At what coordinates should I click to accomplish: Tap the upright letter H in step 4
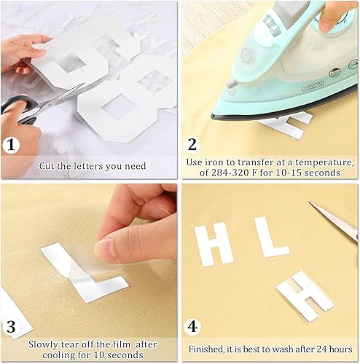214,244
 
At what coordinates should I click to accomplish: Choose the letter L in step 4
268,237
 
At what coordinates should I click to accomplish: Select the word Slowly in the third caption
46,342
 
